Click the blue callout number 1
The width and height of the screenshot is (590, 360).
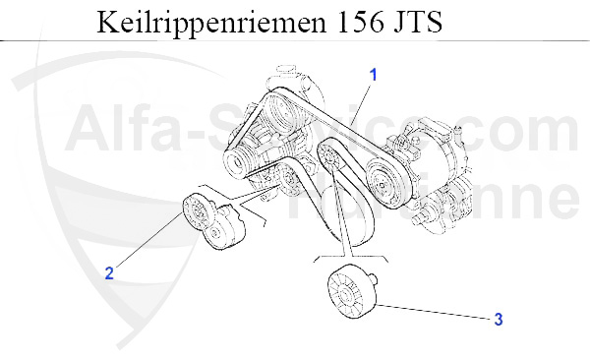point(373,74)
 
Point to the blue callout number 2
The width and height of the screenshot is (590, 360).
point(109,273)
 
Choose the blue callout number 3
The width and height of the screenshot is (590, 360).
point(499,319)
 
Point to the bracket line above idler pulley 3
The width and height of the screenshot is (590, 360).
point(344,259)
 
